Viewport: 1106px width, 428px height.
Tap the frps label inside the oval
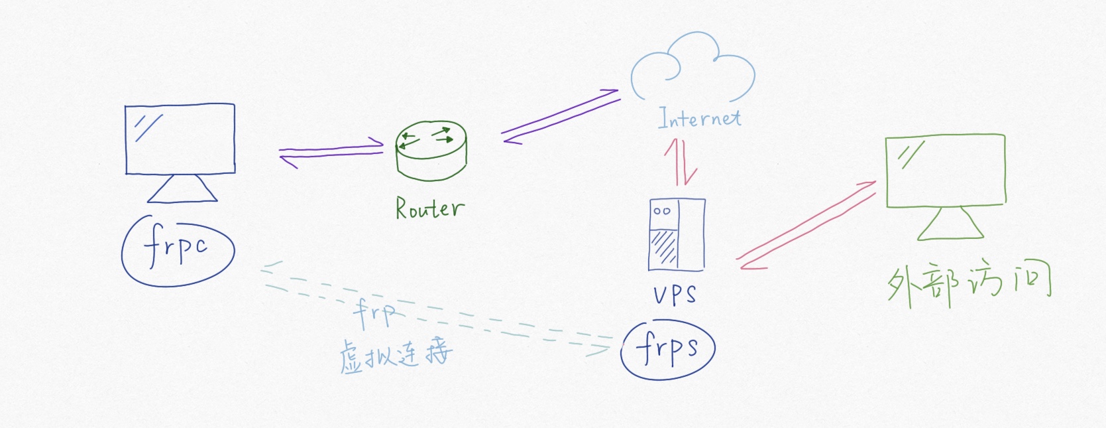click(667, 348)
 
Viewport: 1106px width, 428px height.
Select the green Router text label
click(429, 208)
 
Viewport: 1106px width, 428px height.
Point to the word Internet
click(699, 118)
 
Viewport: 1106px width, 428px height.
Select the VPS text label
click(675, 293)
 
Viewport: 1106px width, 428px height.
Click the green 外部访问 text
click(969, 285)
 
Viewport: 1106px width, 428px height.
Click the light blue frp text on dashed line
click(374, 313)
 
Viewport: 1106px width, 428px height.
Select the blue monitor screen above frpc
click(180, 139)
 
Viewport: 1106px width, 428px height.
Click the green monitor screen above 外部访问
click(946, 170)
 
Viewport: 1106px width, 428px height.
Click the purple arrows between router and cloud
click(560, 116)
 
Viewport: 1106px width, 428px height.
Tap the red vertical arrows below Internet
click(681, 162)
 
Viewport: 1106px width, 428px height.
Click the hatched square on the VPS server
click(663, 247)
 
